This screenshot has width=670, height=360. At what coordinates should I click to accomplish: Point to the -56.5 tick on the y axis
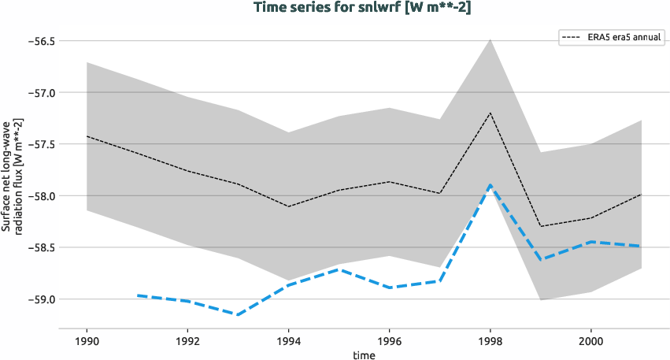(x=36, y=41)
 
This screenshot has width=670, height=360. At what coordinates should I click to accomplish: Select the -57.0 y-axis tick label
(x=36, y=92)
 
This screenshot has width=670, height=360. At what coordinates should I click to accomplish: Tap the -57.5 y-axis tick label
(x=36, y=144)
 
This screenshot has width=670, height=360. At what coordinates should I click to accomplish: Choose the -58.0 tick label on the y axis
(x=36, y=196)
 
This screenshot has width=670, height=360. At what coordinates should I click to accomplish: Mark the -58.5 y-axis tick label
(x=36, y=247)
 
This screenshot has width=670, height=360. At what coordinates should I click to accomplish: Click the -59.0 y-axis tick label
(x=36, y=299)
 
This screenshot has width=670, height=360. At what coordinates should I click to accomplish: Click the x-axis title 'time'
(x=364, y=354)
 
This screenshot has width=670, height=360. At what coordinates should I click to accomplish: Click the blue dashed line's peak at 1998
(x=490, y=185)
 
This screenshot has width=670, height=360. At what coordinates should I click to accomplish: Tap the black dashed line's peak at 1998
(x=490, y=113)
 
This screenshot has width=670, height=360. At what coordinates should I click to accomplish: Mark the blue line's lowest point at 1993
(x=238, y=314)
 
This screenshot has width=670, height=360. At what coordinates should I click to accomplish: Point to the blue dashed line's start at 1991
(x=138, y=295)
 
